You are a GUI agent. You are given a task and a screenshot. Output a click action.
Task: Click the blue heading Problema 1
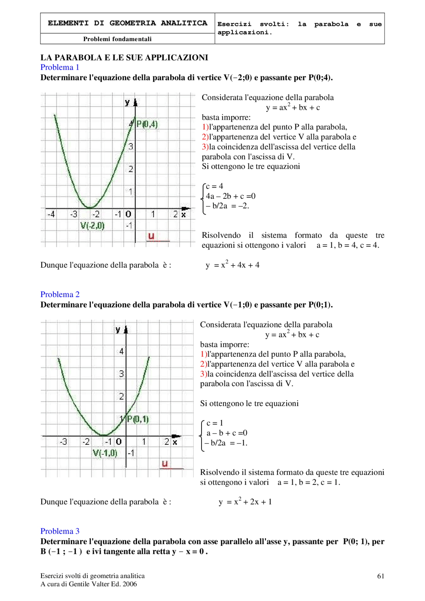pyautogui.click(x=60, y=67)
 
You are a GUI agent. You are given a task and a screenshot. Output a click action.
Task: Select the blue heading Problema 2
pyautogui.click(x=60, y=294)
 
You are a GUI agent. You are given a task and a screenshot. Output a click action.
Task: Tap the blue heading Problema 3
pyautogui.click(x=60, y=531)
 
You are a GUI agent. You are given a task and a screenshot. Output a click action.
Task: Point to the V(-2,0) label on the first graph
pyautogui.click(x=92, y=226)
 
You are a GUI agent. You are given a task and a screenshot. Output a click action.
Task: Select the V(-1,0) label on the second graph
pyautogui.click(x=105, y=453)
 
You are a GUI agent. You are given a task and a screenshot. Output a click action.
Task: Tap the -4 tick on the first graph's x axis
pyautogui.click(x=51, y=214)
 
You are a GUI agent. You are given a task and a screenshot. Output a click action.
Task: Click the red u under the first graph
pyautogui.click(x=151, y=236)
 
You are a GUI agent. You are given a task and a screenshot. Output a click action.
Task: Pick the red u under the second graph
pyautogui.click(x=165, y=464)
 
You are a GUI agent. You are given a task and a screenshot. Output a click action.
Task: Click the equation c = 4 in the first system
pyautogui.click(x=214, y=186)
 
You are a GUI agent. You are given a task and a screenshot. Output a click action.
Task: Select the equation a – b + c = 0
pyautogui.click(x=227, y=433)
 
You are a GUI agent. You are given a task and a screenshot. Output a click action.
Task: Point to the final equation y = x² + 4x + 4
pyautogui.click(x=232, y=265)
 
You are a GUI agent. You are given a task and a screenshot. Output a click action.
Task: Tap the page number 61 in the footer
pyautogui.click(x=381, y=576)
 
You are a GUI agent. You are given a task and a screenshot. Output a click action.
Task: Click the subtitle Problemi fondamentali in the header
pyautogui.click(x=117, y=39)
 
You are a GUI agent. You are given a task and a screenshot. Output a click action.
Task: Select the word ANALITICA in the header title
pyautogui.click(x=184, y=23)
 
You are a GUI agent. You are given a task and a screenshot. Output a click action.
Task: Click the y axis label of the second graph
pyautogui.click(x=118, y=330)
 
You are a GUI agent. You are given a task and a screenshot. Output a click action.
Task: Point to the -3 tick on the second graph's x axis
pyautogui.click(x=63, y=442)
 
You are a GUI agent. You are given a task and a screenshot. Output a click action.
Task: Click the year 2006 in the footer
pyautogui.click(x=130, y=584)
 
